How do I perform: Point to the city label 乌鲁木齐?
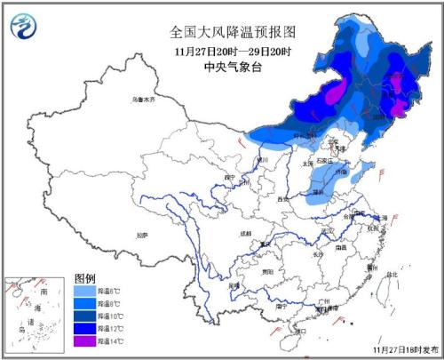(x=143, y=100)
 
